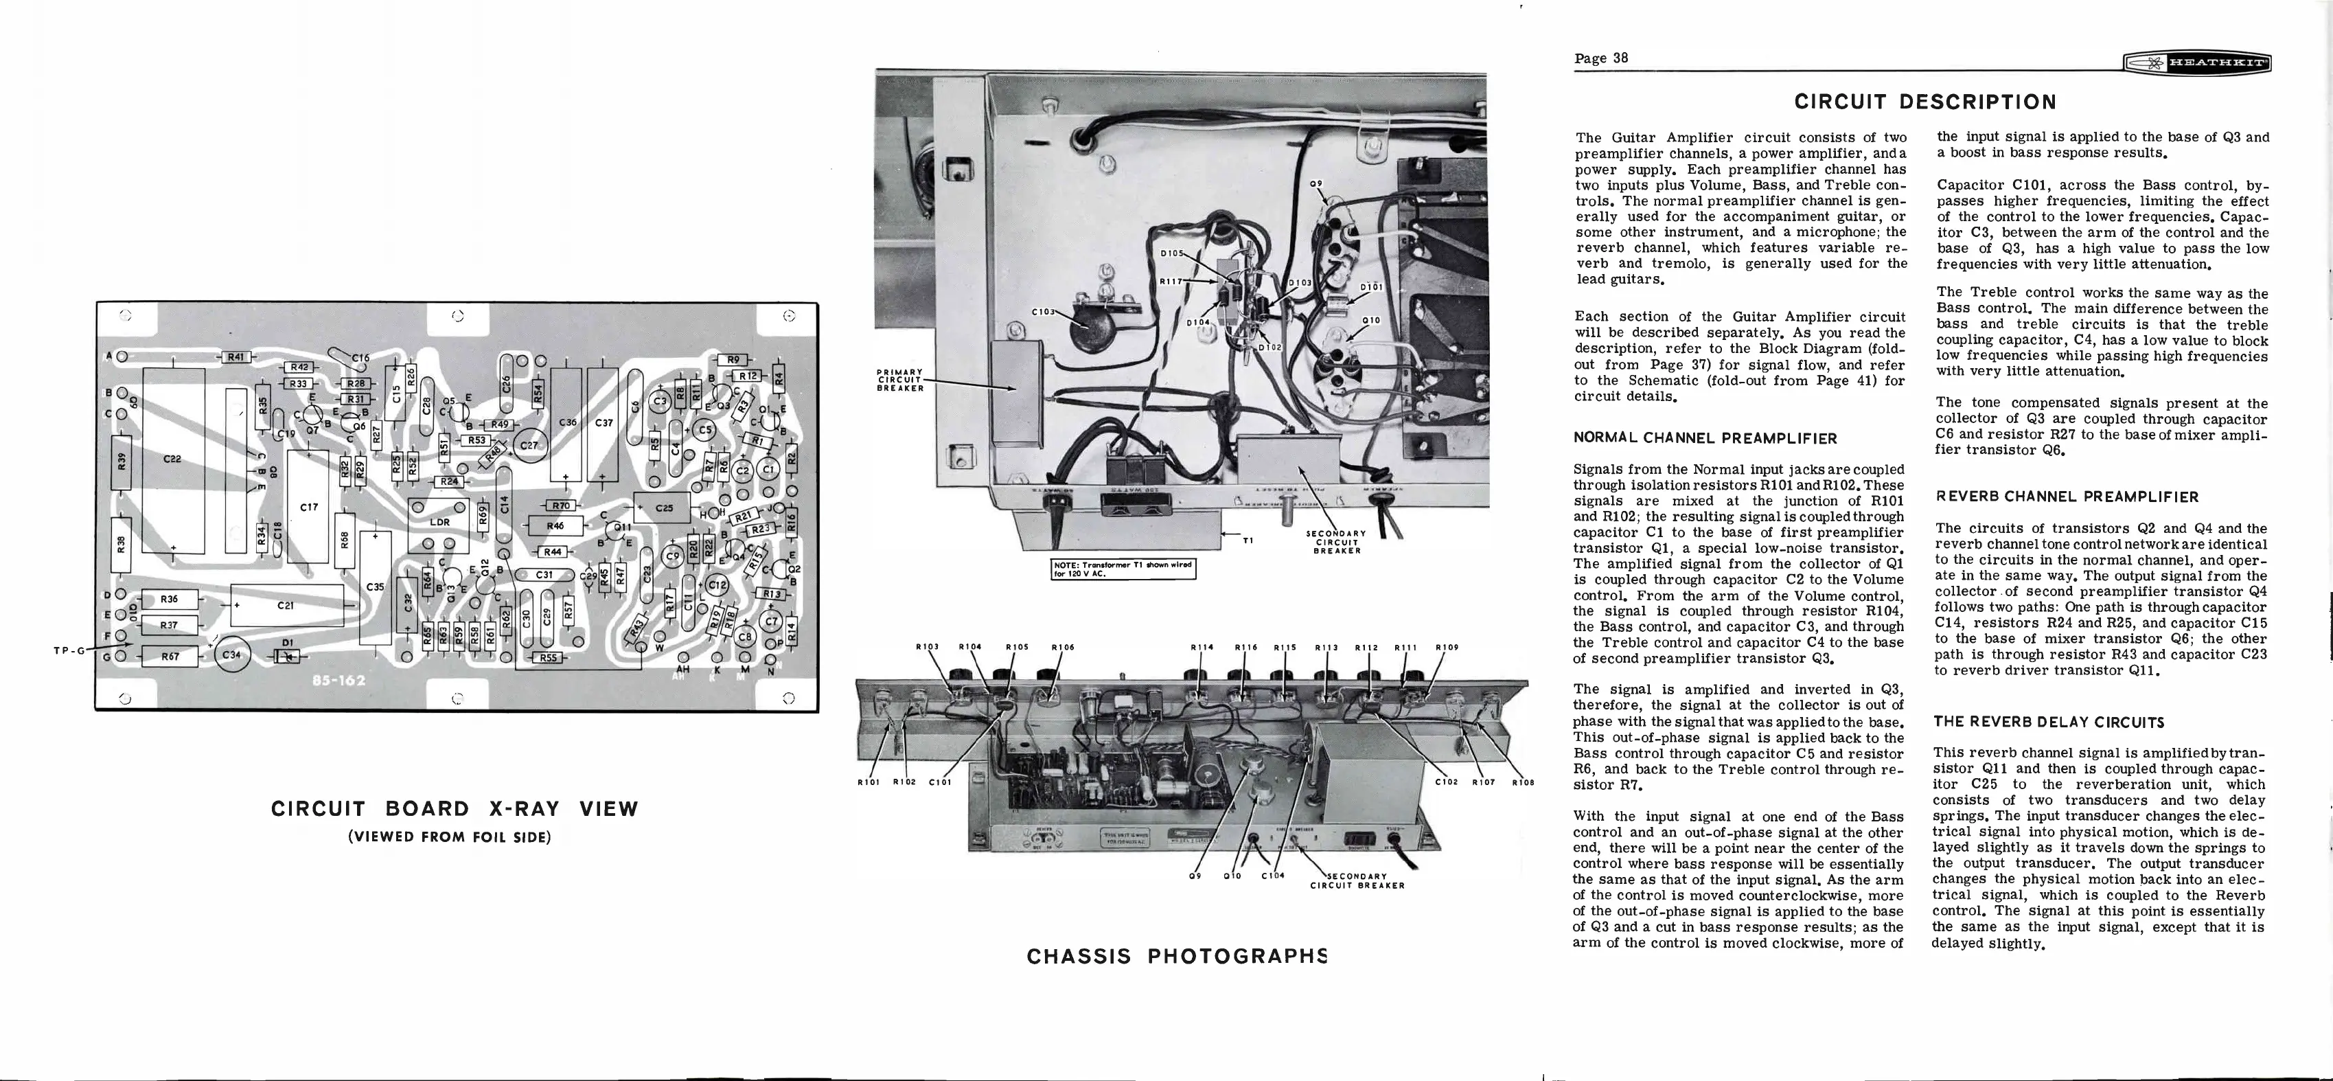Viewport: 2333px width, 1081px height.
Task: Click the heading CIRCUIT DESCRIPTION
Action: click(x=1924, y=102)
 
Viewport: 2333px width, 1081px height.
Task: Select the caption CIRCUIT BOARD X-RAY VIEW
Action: click(x=455, y=809)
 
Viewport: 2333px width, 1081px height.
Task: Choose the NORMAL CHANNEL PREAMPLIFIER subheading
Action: click(x=1705, y=439)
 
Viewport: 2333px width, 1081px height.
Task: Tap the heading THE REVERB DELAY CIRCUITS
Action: click(x=2049, y=722)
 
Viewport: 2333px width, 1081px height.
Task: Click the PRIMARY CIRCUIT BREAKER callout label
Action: click(x=900, y=380)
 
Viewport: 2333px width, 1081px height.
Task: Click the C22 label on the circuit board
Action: click(x=172, y=459)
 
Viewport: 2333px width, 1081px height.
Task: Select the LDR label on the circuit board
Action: click(x=440, y=522)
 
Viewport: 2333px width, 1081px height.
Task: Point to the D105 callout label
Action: click(x=1174, y=253)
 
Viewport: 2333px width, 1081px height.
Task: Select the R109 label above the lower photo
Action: click(x=1447, y=647)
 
